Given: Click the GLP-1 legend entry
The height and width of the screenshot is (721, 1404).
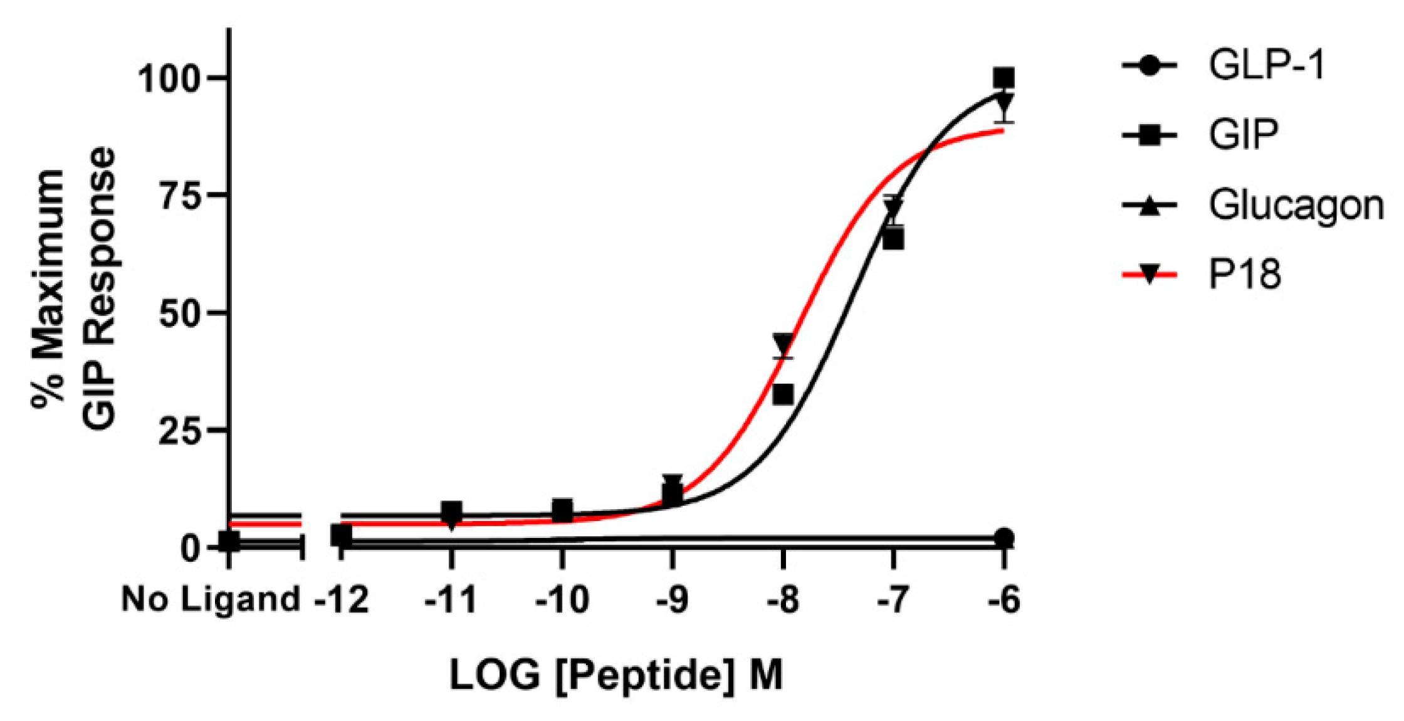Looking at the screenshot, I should pyautogui.click(x=1266, y=65).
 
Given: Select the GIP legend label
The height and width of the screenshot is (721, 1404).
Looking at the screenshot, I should pyautogui.click(x=1243, y=135).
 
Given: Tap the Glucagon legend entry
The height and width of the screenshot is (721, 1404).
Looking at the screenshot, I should pyautogui.click(x=1296, y=205).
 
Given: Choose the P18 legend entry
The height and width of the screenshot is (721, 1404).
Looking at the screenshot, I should pyautogui.click(x=1244, y=275).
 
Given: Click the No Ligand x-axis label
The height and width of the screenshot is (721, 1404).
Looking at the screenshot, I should pyautogui.click(x=211, y=599).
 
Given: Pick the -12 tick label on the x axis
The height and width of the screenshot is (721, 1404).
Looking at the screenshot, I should pyautogui.click(x=342, y=599).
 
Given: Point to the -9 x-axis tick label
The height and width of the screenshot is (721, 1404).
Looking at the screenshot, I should pyautogui.click(x=673, y=599).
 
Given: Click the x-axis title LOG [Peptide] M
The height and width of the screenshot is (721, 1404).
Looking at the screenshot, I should pyautogui.click(x=616, y=676).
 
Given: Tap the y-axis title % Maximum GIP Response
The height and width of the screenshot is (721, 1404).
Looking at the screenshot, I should pyautogui.click(x=74, y=288).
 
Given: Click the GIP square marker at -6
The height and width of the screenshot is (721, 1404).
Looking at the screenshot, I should pyautogui.click(x=1003, y=78).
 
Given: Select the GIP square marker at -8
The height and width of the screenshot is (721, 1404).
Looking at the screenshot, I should pyautogui.click(x=783, y=395).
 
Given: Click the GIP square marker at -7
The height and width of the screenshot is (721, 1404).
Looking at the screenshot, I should pyautogui.click(x=893, y=239).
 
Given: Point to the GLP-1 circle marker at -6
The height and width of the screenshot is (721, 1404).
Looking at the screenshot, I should pyautogui.click(x=1004, y=538).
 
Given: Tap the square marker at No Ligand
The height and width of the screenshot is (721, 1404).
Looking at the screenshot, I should pyautogui.click(x=229, y=542).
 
